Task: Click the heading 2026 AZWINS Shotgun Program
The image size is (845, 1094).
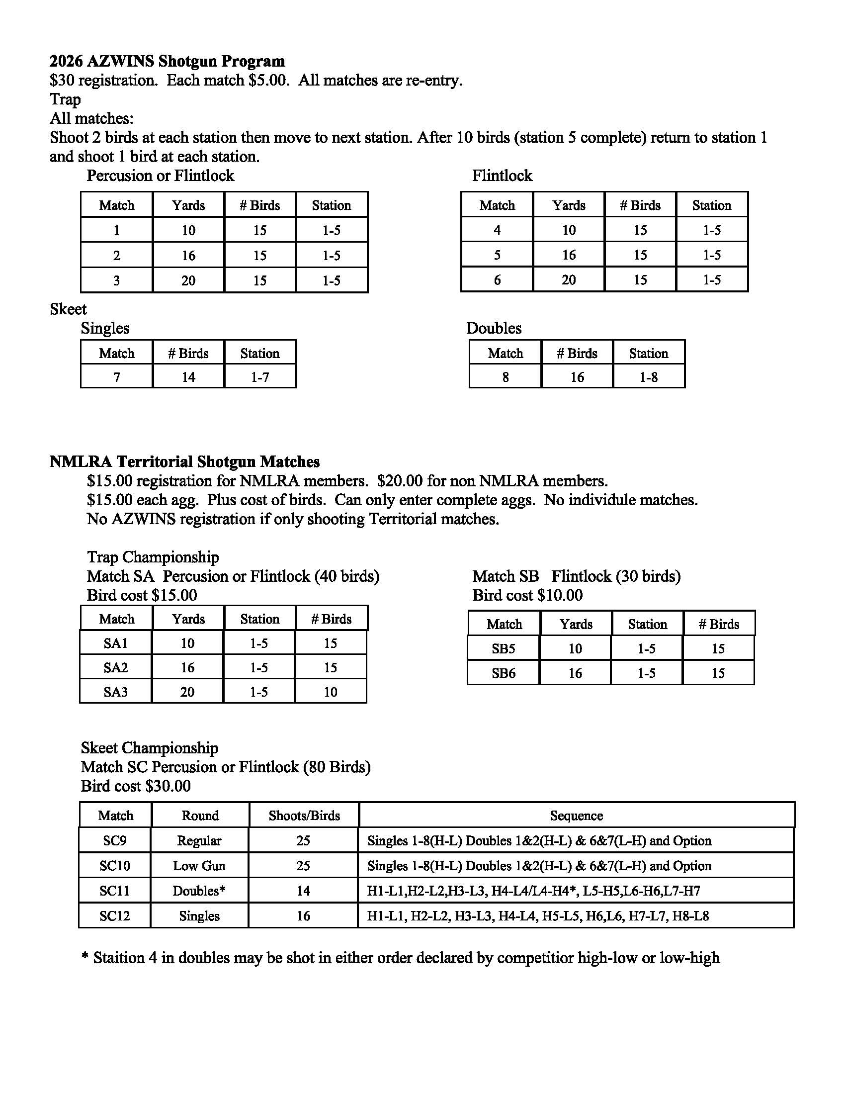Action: pyautogui.click(x=167, y=61)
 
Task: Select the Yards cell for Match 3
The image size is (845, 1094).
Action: pyautogui.click(x=188, y=280)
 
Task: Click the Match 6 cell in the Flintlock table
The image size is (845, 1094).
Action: pyautogui.click(x=497, y=279)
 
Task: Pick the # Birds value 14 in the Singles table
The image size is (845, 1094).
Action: pyautogui.click(x=188, y=377)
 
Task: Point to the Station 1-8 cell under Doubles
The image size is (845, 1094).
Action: pyautogui.click(x=649, y=377)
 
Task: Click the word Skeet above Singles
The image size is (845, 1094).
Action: pyautogui.click(x=68, y=309)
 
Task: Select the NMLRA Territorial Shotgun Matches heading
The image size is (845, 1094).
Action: pyautogui.click(x=184, y=461)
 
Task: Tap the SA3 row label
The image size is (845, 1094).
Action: pyautogui.click(x=116, y=692)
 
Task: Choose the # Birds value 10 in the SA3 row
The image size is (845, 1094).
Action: pyautogui.click(x=331, y=692)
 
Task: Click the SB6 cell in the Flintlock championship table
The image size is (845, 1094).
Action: pyautogui.click(x=504, y=673)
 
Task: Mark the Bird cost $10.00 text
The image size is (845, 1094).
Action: pyautogui.click(x=527, y=595)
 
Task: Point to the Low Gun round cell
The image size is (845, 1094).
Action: pyautogui.click(x=199, y=866)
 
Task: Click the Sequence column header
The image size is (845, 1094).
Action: pyautogui.click(x=576, y=816)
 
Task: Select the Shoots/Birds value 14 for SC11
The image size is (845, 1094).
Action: pyautogui.click(x=303, y=891)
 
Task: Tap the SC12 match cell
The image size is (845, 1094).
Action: pyautogui.click(x=115, y=915)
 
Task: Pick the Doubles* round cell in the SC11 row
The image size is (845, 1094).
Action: pyautogui.click(x=199, y=891)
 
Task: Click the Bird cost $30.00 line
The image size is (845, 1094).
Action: pyautogui.click(x=136, y=785)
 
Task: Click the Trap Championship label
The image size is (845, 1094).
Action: pyautogui.click(x=153, y=557)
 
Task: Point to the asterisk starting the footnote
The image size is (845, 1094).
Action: pyautogui.click(x=84, y=956)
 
